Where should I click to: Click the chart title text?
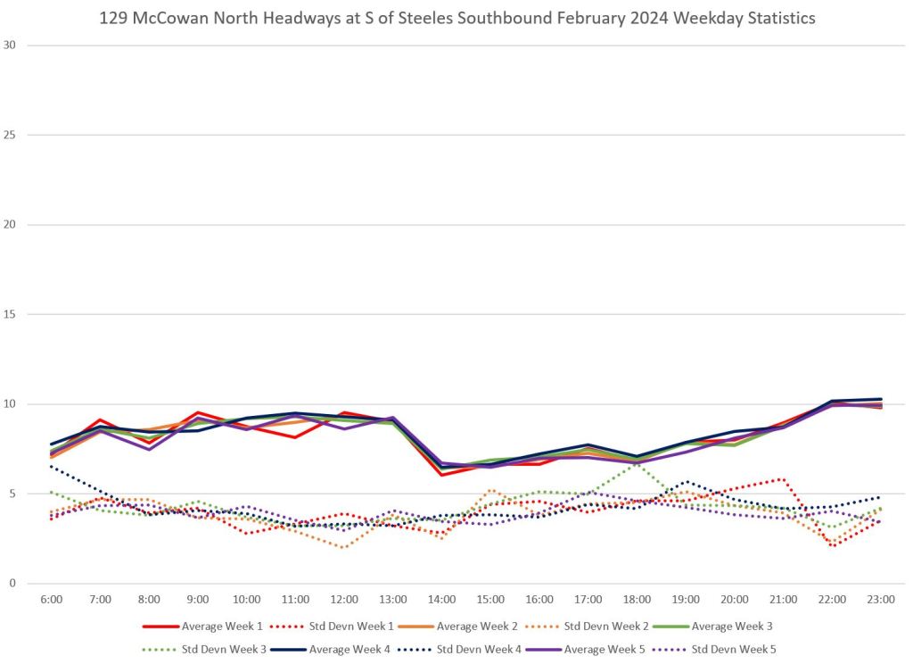[x=456, y=18]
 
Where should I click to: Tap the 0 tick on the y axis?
[x=12, y=584]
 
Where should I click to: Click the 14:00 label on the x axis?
[x=442, y=600]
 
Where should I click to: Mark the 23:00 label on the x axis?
[x=881, y=600]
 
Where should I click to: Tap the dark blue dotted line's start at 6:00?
[x=52, y=466]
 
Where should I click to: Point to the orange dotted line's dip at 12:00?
[x=344, y=547]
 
